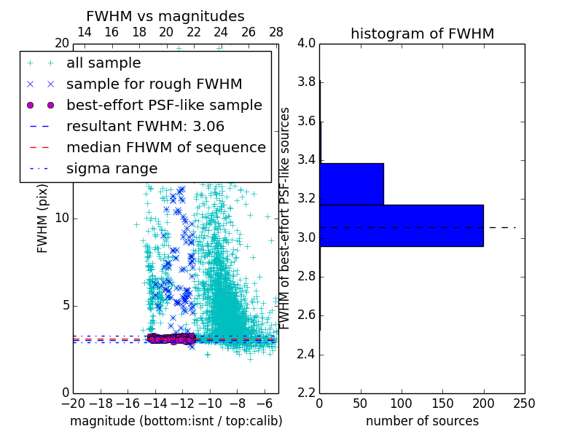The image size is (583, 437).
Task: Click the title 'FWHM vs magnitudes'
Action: [x=165, y=16]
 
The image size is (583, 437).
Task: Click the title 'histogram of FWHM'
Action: [x=422, y=34]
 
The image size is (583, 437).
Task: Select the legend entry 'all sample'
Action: [x=103, y=63]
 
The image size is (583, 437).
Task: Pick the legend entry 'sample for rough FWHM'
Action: [x=154, y=84]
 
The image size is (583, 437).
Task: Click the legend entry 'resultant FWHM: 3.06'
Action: [x=145, y=126]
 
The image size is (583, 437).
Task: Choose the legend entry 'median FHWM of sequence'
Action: [x=165, y=147]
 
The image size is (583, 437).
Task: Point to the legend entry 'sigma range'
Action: [x=111, y=168]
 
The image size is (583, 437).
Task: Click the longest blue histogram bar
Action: [x=401, y=226]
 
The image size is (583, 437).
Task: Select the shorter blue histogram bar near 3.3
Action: [x=351, y=184]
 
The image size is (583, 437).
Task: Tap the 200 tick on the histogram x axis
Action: [x=483, y=403]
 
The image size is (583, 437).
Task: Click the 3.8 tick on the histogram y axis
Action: [x=305, y=82]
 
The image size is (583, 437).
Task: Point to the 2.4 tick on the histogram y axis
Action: [x=305, y=355]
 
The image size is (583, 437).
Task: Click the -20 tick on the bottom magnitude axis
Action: [x=73, y=403]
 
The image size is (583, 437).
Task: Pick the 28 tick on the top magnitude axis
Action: [x=275, y=32]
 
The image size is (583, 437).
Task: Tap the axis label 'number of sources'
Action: [x=422, y=421]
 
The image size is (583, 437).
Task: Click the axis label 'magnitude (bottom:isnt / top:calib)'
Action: [x=176, y=421]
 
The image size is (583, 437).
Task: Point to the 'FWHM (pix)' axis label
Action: [x=43, y=219]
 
